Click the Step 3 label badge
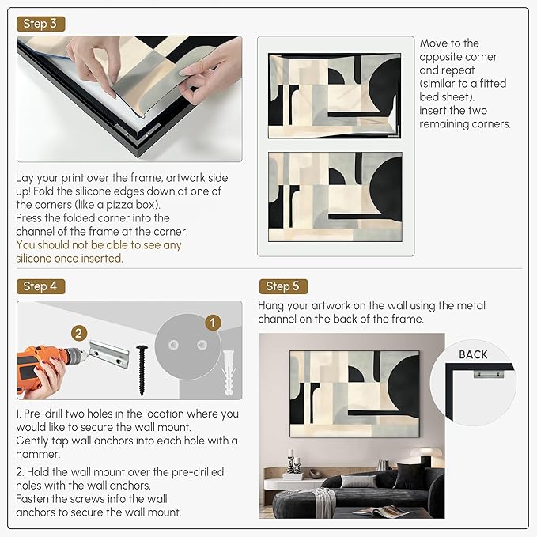tap(40, 24)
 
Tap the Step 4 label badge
tap(40, 286)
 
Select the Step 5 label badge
tap(283, 286)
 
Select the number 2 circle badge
tap(78, 333)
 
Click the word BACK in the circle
tap(473, 354)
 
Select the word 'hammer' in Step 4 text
tap(36, 453)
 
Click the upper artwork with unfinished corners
tap(335, 90)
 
